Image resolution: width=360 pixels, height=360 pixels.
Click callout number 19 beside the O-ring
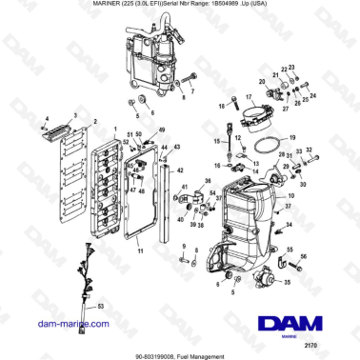pyautogui.click(x=293, y=137)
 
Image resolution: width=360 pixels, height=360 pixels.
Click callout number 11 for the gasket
pyautogui.click(x=140, y=251)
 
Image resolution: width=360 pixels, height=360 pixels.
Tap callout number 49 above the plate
pyautogui.click(x=162, y=129)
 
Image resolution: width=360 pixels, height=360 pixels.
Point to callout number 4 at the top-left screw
pyautogui.click(x=45, y=116)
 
